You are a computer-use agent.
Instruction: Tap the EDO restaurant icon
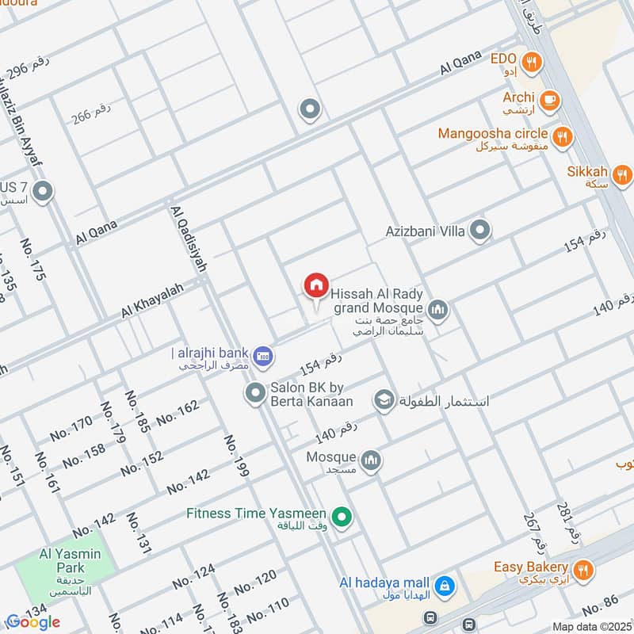tap(532, 59)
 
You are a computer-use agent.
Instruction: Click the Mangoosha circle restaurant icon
tap(562, 136)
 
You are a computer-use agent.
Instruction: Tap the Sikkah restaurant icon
tap(622, 174)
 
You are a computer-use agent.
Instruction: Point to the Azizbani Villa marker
tap(479, 231)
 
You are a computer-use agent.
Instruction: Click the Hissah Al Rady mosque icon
tap(437, 308)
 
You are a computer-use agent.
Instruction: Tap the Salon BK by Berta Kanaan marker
tap(254, 392)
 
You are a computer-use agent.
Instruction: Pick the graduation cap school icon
tap(384, 400)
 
